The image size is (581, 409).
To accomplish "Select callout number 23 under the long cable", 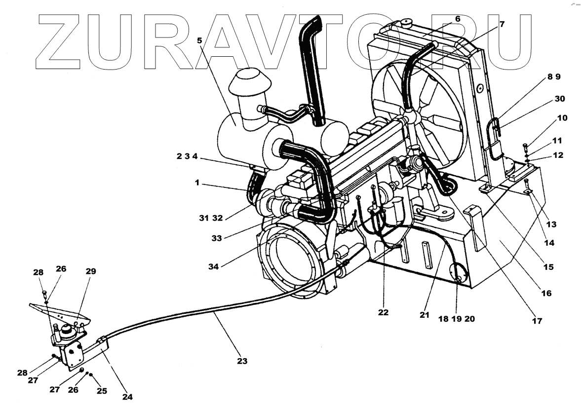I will tap(241, 361).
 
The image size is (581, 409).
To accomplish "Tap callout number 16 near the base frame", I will tap(545, 293).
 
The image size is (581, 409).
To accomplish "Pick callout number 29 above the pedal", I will tap(91, 271).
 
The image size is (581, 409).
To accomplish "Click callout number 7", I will tap(502, 24).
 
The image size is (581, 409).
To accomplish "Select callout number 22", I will tap(383, 312).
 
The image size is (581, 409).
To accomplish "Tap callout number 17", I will tap(537, 321).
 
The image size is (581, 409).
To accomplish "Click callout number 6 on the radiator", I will tap(458, 19).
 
